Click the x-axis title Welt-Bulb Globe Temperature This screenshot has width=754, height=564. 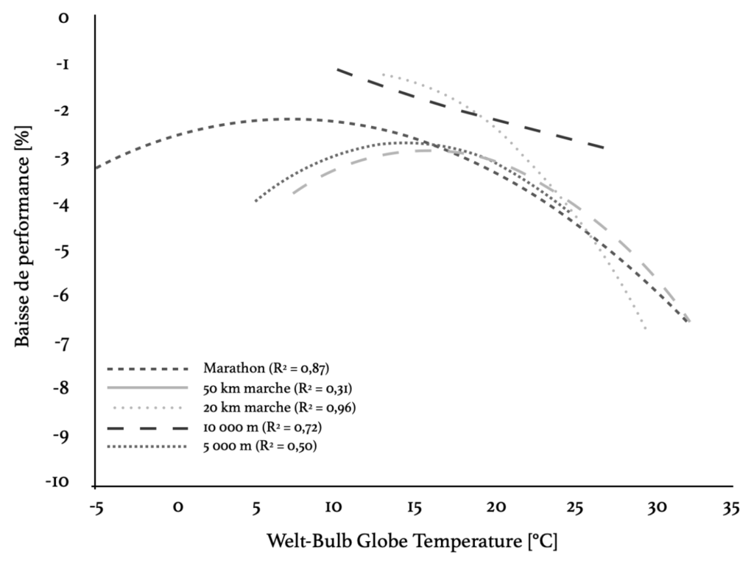pyautogui.click(x=412, y=542)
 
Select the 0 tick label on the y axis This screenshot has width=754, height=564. pyautogui.click(x=64, y=18)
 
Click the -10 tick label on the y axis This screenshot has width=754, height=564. pyautogui.click(x=58, y=483)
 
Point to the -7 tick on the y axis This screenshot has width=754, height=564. pyautogui.click(x=63, y=344)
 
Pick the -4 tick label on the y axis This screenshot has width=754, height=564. pyautogui.click(x=63, y=204)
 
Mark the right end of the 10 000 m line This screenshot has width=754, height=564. pyautogui.click(x=605, y=148)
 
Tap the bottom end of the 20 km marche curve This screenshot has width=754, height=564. pyautogui.click(x=646, y=328)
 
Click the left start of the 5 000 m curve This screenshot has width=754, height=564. pyautogui.click(x=256, y=201)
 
